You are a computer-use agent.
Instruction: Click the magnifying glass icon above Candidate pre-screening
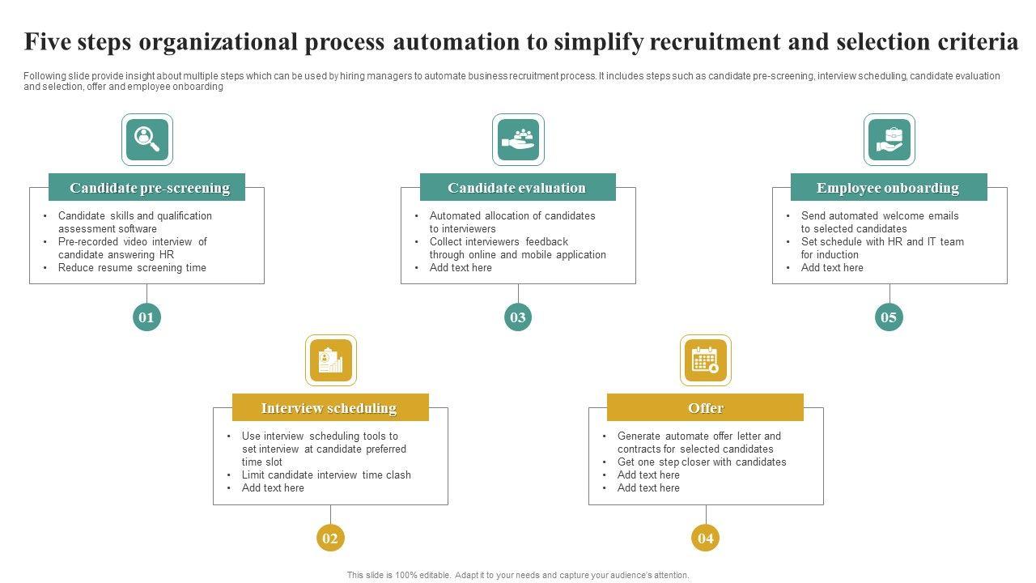147,139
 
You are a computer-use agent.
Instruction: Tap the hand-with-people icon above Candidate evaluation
518,139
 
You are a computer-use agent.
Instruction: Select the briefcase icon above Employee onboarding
889,139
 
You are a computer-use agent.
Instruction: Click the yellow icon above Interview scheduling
330,360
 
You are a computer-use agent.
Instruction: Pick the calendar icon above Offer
705,360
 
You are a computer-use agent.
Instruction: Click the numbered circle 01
146,317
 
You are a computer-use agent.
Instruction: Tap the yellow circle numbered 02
330,538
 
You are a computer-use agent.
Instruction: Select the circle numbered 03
518,317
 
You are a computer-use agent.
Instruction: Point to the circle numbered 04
706,538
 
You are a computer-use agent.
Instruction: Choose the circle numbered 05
889,317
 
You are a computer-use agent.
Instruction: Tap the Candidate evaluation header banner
517,188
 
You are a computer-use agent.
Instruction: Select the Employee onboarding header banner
888,188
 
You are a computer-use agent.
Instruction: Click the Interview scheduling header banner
329,408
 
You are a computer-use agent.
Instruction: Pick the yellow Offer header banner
705,408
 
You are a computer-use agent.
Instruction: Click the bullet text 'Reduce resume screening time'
132,268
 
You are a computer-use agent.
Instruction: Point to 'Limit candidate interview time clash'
326,475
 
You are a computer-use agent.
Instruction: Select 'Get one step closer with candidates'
702,462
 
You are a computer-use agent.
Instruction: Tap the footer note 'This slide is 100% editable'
518,576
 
